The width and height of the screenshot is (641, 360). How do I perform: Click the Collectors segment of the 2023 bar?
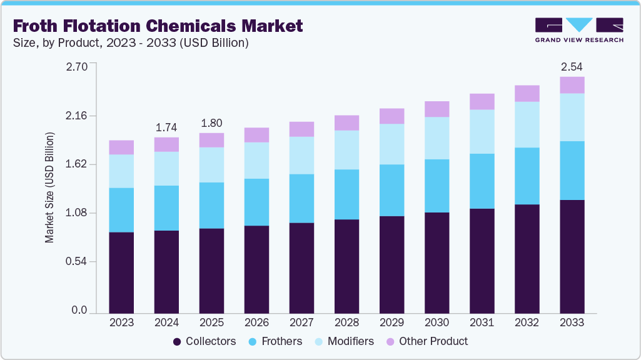click(121, 272)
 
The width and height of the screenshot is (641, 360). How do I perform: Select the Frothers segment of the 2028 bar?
click(346, 194)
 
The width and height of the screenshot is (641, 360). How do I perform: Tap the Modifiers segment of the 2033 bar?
click(572, 117)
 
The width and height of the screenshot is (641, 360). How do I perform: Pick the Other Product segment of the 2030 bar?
click(437, 109)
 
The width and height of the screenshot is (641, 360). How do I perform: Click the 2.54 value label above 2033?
click(572, 66)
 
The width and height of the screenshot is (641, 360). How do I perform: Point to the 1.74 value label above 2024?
click(166, 127)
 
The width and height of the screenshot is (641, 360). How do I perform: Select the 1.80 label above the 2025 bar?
click(211, 122)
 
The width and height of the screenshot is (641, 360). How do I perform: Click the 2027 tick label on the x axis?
click(301, 323)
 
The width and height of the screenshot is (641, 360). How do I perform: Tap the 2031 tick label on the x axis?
click(482, 323)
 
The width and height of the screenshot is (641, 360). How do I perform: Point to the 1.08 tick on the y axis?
click(77, 213)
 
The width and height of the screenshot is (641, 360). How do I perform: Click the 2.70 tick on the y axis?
click(77, 66)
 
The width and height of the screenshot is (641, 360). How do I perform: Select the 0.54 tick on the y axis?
click(77, 261)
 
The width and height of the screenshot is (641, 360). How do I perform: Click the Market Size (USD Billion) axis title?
click(49, 187)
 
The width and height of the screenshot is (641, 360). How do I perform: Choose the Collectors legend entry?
click(204, 341)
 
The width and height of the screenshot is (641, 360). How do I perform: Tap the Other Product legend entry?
click(426, 341)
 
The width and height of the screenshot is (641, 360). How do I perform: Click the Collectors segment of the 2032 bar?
click(527, 259)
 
